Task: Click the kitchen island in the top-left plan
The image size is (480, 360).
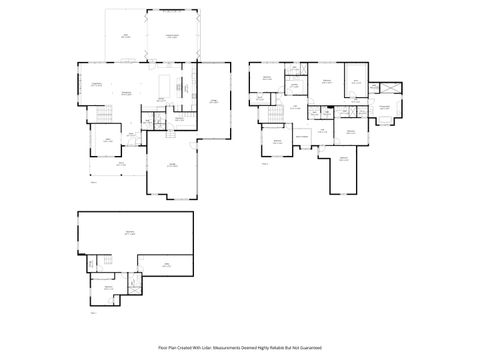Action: tap(165, 79)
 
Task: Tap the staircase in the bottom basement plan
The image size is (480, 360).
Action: tap(100, 262)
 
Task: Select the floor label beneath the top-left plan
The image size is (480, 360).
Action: tap(93, 182)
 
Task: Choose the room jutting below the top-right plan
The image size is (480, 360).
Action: tap(343, 170)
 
